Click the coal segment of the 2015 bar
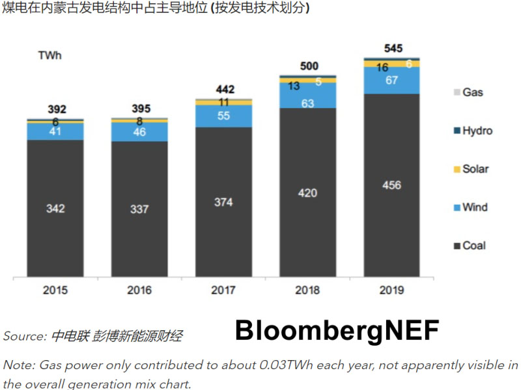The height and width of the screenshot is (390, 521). (x=55, y=208)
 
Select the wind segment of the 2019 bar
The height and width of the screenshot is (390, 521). (x=392, y=81)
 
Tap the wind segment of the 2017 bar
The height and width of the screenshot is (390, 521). (x=223, y=115)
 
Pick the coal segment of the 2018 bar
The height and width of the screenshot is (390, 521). (x=308, y=192)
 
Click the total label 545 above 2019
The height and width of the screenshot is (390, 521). (x=393, y=48)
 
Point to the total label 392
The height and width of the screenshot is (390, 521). (x=56, y=109)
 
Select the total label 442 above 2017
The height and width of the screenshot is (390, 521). (x=224, y=89)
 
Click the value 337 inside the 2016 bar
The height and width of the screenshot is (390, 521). (x=139, y=209)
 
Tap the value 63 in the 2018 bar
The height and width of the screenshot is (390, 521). (x=308, y=103)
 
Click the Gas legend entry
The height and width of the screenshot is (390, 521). (x=472, y=92)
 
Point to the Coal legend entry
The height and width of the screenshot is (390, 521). (x=473, y=246)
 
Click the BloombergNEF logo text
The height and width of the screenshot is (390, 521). (x=337, y=330)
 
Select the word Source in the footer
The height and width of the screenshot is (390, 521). (x=23, y=337)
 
